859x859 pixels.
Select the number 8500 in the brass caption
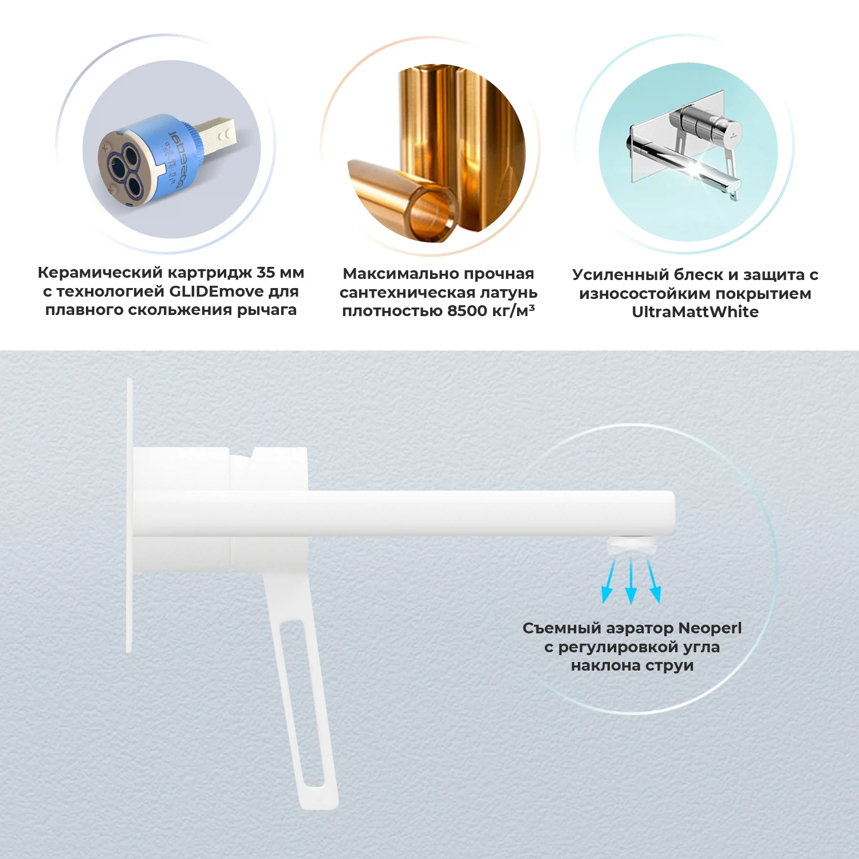(467, 311)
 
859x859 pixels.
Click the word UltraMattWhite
(695, 312)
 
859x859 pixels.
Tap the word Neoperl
(710, 628)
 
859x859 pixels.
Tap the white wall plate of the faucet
(129, 515)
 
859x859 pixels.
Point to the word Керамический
(100, 273)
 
